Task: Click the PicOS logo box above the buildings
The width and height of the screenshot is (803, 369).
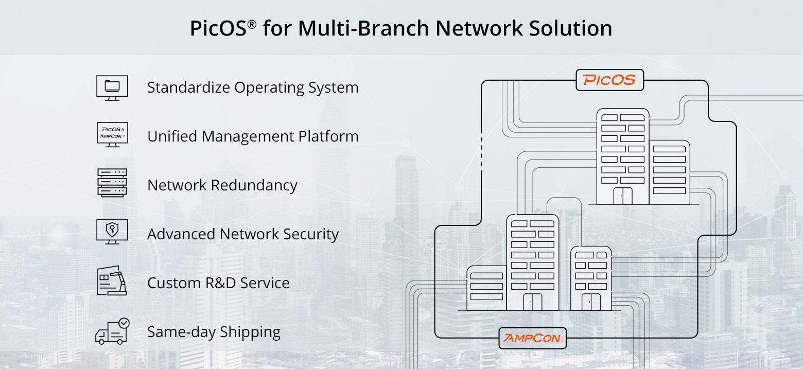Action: click(609, 80)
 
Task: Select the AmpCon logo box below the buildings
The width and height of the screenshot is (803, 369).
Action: click(533, 338)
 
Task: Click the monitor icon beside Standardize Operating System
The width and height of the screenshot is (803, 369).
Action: click(112, 87)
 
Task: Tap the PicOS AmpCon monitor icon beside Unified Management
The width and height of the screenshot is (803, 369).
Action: click(112, 135)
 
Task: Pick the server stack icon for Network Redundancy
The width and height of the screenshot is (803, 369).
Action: click(112, 183)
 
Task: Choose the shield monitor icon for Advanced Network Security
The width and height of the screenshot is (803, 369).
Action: click(112, 231)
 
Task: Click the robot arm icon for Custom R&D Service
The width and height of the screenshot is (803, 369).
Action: click(112, 280)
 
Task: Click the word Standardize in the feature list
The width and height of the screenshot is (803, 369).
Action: click(188, 87)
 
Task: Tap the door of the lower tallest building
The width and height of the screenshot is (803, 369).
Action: click(533, 302)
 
